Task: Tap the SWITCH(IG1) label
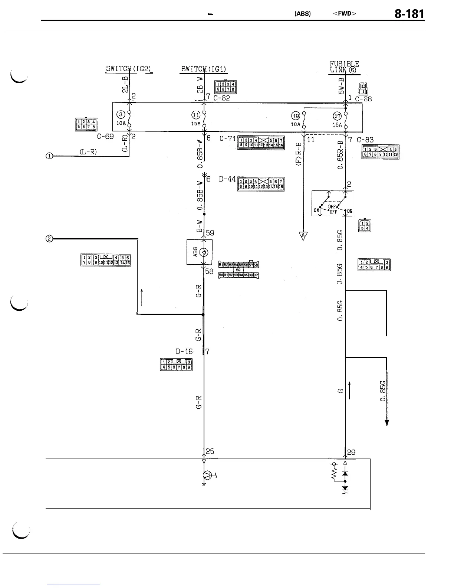tap(204, 69)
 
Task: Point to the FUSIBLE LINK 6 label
tap(345, 67)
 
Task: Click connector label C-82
tap(222, 98)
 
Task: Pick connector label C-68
tap(363, 99)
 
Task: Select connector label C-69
tap(105, 136)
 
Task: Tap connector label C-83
tap(365, 140)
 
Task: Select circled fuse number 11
tap(196, 114)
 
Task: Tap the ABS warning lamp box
tap(200, 252)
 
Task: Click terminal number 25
tap(210, 451)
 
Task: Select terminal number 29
tap(351, 452)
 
